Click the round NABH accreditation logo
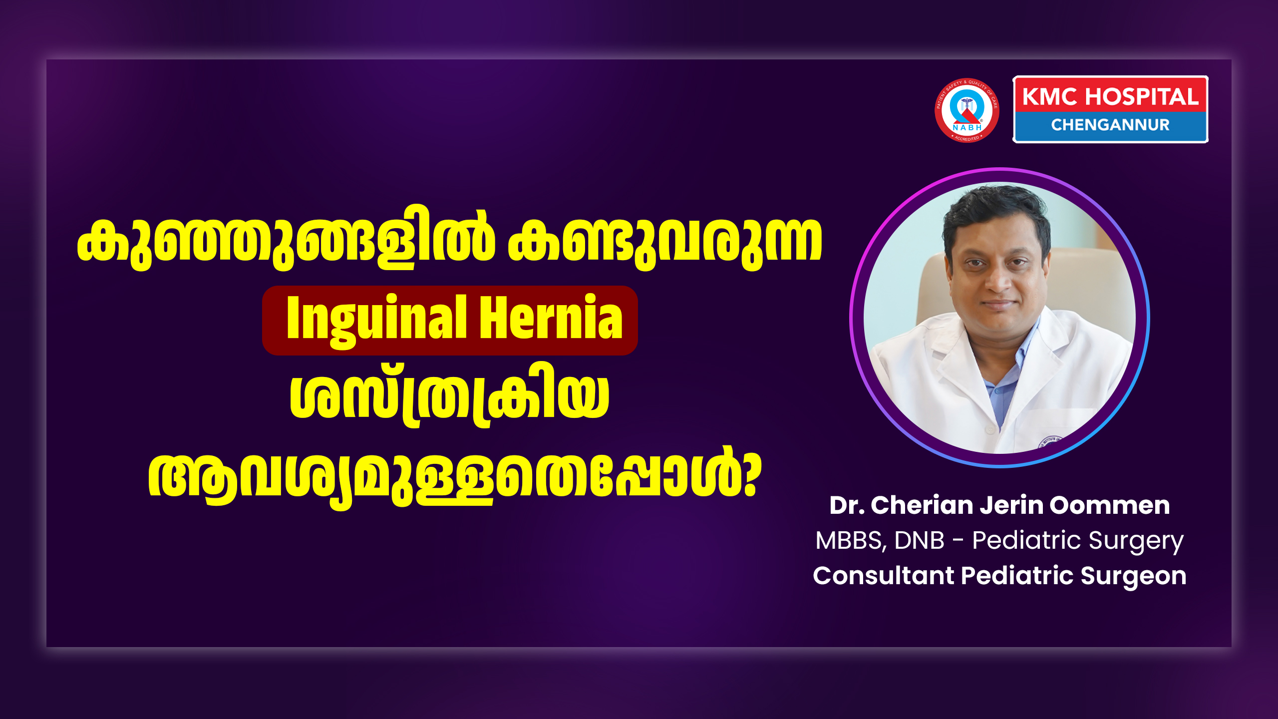967,110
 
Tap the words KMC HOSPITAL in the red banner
1110,96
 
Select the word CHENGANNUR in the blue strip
1110,125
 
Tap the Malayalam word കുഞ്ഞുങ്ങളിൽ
286,238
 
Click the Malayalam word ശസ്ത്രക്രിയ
449,396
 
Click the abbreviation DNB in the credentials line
919,540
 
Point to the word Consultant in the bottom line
883,576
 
